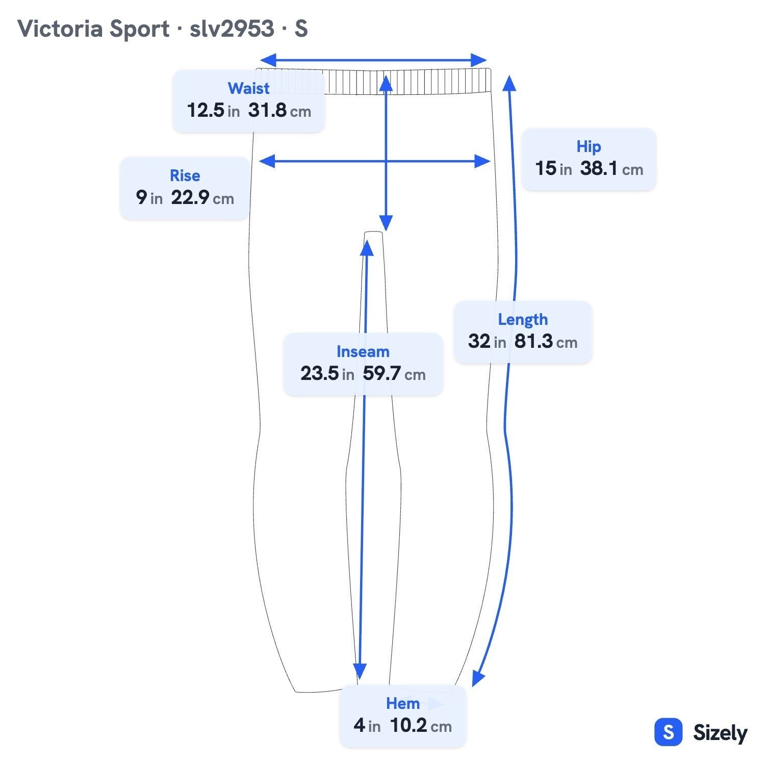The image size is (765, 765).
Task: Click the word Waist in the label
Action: (248, 88)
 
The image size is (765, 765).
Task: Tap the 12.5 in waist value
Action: (213, 110)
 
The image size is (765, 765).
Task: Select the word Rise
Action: (185, 175)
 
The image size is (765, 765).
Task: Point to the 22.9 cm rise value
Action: (202, 197)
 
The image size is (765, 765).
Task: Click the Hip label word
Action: (589, 147)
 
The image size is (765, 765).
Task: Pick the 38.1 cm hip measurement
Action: (611, 168)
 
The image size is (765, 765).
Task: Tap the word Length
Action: (523, 320)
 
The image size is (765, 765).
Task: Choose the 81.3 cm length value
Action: (546, 341)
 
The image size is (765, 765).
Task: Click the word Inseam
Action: (363, 351)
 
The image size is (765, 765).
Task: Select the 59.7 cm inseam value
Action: (394, 373)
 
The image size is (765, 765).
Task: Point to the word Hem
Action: (402, 703)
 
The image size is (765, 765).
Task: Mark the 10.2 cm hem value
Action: (421, 725)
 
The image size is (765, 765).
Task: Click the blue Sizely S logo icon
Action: (668, 732)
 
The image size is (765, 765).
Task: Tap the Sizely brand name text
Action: (720, 733)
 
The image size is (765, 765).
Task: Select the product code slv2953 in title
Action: (232, 29)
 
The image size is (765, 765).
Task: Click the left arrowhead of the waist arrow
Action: (268, 60)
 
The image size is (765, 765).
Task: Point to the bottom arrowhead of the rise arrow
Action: (386, 223)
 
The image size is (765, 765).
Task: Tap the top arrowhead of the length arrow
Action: (509, 83)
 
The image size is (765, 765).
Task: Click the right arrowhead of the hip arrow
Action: (482, 162)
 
